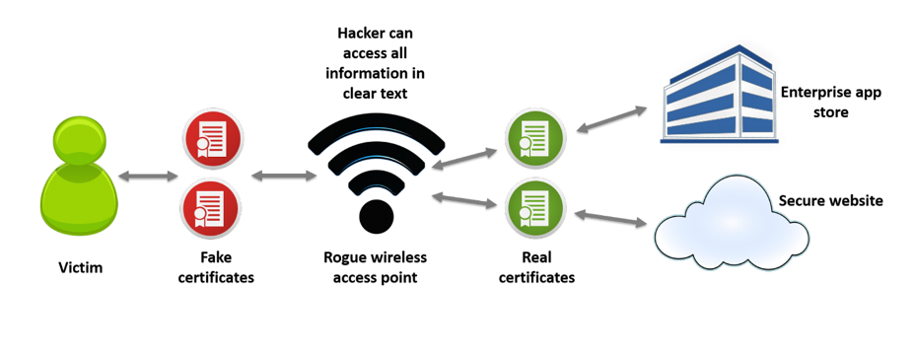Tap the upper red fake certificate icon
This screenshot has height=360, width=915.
212,139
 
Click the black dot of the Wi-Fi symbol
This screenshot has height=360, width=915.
377,216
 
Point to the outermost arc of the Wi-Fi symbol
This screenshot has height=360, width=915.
377,119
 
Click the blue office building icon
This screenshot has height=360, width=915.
719,95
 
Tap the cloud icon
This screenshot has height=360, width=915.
732,224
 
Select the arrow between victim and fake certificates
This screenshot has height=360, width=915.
148,176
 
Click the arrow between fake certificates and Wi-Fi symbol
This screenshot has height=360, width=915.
283,175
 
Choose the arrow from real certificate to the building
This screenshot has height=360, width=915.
611,119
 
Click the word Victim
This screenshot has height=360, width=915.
81,268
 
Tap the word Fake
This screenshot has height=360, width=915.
215,257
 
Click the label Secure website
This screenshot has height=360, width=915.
831,201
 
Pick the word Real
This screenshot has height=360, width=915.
535,257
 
